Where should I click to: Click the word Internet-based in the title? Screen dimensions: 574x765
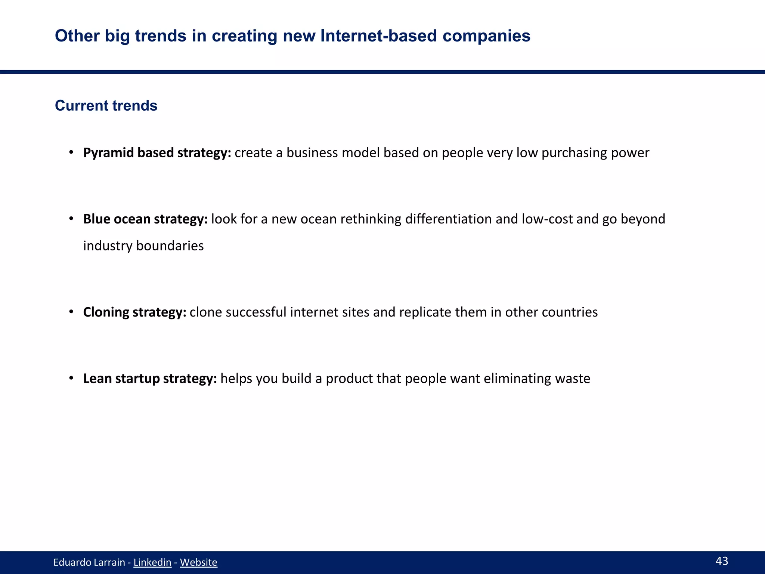coord(378,36)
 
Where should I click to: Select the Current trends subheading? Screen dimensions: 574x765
coord(106,106)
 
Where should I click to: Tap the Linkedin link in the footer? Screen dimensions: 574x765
coord(152,562)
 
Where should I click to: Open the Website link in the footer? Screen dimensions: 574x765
coord(198,562)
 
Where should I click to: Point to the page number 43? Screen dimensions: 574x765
coord(722,561)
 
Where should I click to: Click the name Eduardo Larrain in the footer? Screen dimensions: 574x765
coord(89,562)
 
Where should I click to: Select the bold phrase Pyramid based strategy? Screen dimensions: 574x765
coord(157,153)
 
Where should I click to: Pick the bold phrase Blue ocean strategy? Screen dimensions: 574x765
coord(145,219)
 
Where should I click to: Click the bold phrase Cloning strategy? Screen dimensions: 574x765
coord(134,312)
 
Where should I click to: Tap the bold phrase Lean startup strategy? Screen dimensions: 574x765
coord(150,379)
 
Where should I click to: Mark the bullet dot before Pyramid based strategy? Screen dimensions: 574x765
coord(71,153)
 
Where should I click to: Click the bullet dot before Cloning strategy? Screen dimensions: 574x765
coord(71,312)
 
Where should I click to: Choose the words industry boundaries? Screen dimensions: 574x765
coord(143,246)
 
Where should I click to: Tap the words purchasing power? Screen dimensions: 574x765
coord(595,153)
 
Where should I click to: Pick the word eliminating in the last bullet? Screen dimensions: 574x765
coord(517,379)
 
